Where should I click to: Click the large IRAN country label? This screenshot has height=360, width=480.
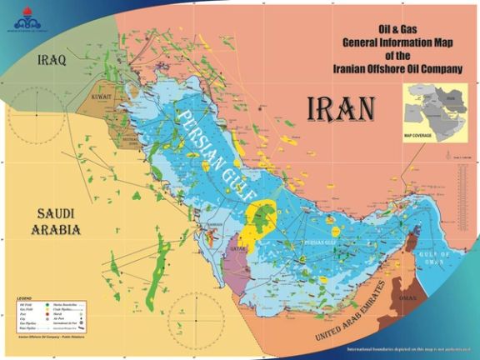click(341, 107)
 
